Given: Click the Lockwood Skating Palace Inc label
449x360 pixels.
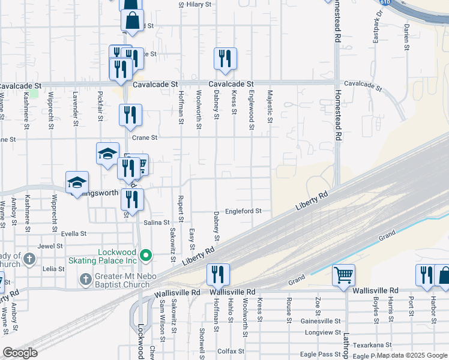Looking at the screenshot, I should click(x=118, y=256).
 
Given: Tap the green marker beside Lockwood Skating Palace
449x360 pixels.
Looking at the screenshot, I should click(x=145, y=257).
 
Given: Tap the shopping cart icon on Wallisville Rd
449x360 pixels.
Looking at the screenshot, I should click(x=343, y=275).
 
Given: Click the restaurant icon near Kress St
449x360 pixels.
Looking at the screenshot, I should click(x=225, y=58).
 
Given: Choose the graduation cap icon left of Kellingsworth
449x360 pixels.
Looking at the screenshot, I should click(x=77, y=182).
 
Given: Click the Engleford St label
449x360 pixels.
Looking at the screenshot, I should click(x=243, y=211).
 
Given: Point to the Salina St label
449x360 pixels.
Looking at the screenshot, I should click(x=157, y=222).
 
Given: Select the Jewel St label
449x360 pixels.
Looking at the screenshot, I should click(x=50, y=246).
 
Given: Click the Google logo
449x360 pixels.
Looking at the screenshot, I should click(x=20, y=353).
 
